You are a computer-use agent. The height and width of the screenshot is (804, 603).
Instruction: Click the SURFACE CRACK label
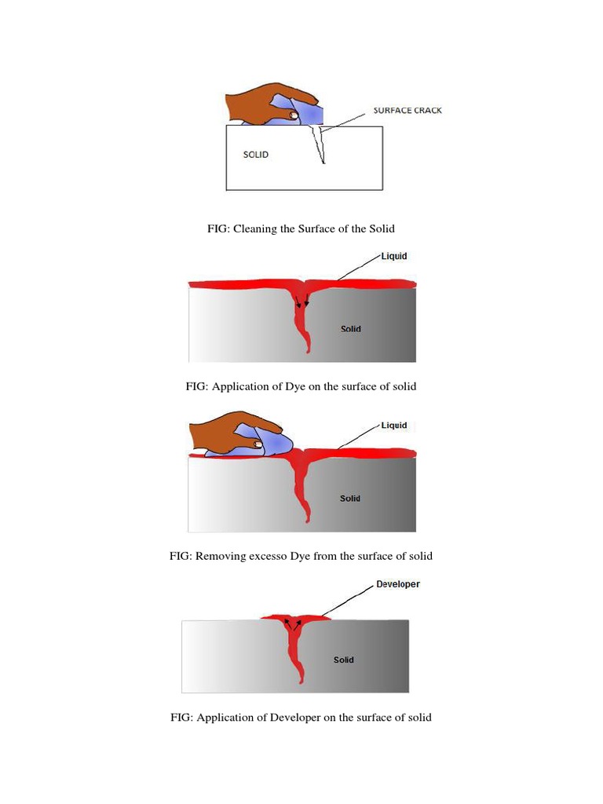pyautogui.click(x=407, y=111)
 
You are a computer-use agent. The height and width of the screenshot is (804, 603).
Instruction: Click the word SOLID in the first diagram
pyautogui.click(x=256, y=155)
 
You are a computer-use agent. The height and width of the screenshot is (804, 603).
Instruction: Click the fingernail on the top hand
pyautogui.click(x=294, y=115)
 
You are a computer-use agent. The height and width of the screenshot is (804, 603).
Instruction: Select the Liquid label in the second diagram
pyautogui.click(x=394, y=257)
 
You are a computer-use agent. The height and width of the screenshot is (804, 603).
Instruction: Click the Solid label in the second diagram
pyautogui.click(x=351, y=329)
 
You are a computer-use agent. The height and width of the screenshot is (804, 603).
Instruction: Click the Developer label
pyautogui.click(x=398, y=584)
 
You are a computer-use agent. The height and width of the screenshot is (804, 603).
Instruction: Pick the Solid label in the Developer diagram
pyautogui.click(x=343, y=660)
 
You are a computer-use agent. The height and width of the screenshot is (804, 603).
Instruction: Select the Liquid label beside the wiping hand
pyautogui.click(x=394, y=426)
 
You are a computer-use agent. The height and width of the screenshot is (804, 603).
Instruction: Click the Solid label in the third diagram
pyautogui.click(x=350, y=499)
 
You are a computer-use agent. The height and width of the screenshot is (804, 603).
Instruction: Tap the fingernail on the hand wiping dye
pyautogui.click(x=258, y=444)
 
